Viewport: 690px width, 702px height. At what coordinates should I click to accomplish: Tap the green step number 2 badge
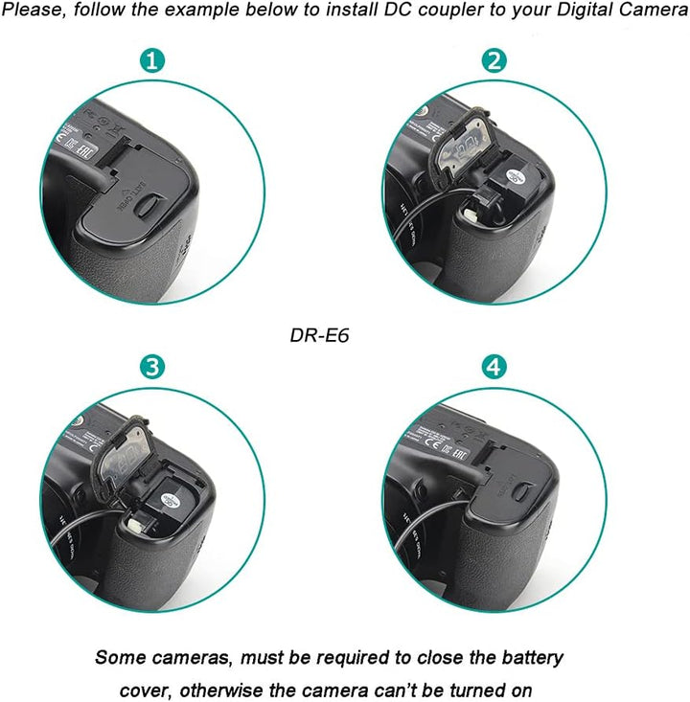[x=494, y=61]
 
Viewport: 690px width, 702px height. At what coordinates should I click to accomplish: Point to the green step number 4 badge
[x=494, y=367]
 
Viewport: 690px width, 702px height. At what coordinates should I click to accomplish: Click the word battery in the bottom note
[x=526, y=658]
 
